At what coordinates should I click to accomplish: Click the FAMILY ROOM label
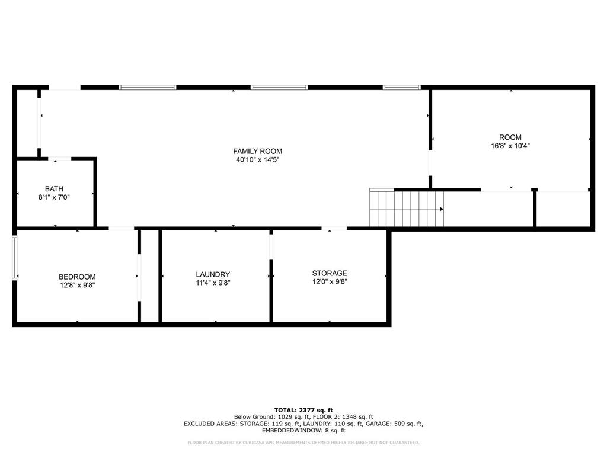257,151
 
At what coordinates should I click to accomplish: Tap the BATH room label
54,189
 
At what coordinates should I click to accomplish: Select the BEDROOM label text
77,277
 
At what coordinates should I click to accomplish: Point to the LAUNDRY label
213,274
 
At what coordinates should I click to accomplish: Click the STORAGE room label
330,273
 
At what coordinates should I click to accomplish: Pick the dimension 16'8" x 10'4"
510,146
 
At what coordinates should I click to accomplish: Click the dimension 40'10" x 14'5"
258,160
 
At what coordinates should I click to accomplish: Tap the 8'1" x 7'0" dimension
54,197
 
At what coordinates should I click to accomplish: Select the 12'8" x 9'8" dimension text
78,285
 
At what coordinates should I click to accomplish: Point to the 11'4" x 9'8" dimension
213,283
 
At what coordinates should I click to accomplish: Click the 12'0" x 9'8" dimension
330,281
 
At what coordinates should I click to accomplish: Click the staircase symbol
407,208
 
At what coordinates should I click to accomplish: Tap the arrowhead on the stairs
442,209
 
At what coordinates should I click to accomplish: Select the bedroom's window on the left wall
14,258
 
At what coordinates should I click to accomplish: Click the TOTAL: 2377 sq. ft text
303,410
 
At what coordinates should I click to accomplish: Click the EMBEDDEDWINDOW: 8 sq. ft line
303,430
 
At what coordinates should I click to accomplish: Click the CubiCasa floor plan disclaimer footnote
303,443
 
